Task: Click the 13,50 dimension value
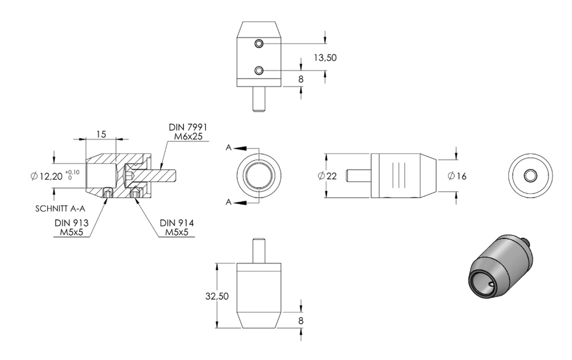point(325,57)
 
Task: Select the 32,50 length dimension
point(217,296)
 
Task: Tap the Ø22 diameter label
point(327,176)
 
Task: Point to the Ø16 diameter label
point(457,176)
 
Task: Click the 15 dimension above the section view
point(101,135)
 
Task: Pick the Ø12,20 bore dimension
point(47,177)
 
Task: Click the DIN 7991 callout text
point(188,127)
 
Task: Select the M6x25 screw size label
point(188,136)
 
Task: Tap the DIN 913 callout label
point(71,223)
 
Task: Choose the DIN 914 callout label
point(177,223)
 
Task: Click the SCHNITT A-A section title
point(60,209)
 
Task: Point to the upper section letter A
point(228,147)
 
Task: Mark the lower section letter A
point(228,202)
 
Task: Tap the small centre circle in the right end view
point(531,176)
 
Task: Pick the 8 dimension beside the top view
point(301,79)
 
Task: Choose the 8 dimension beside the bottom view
point(301,320)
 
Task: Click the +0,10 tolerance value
point(73,172)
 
